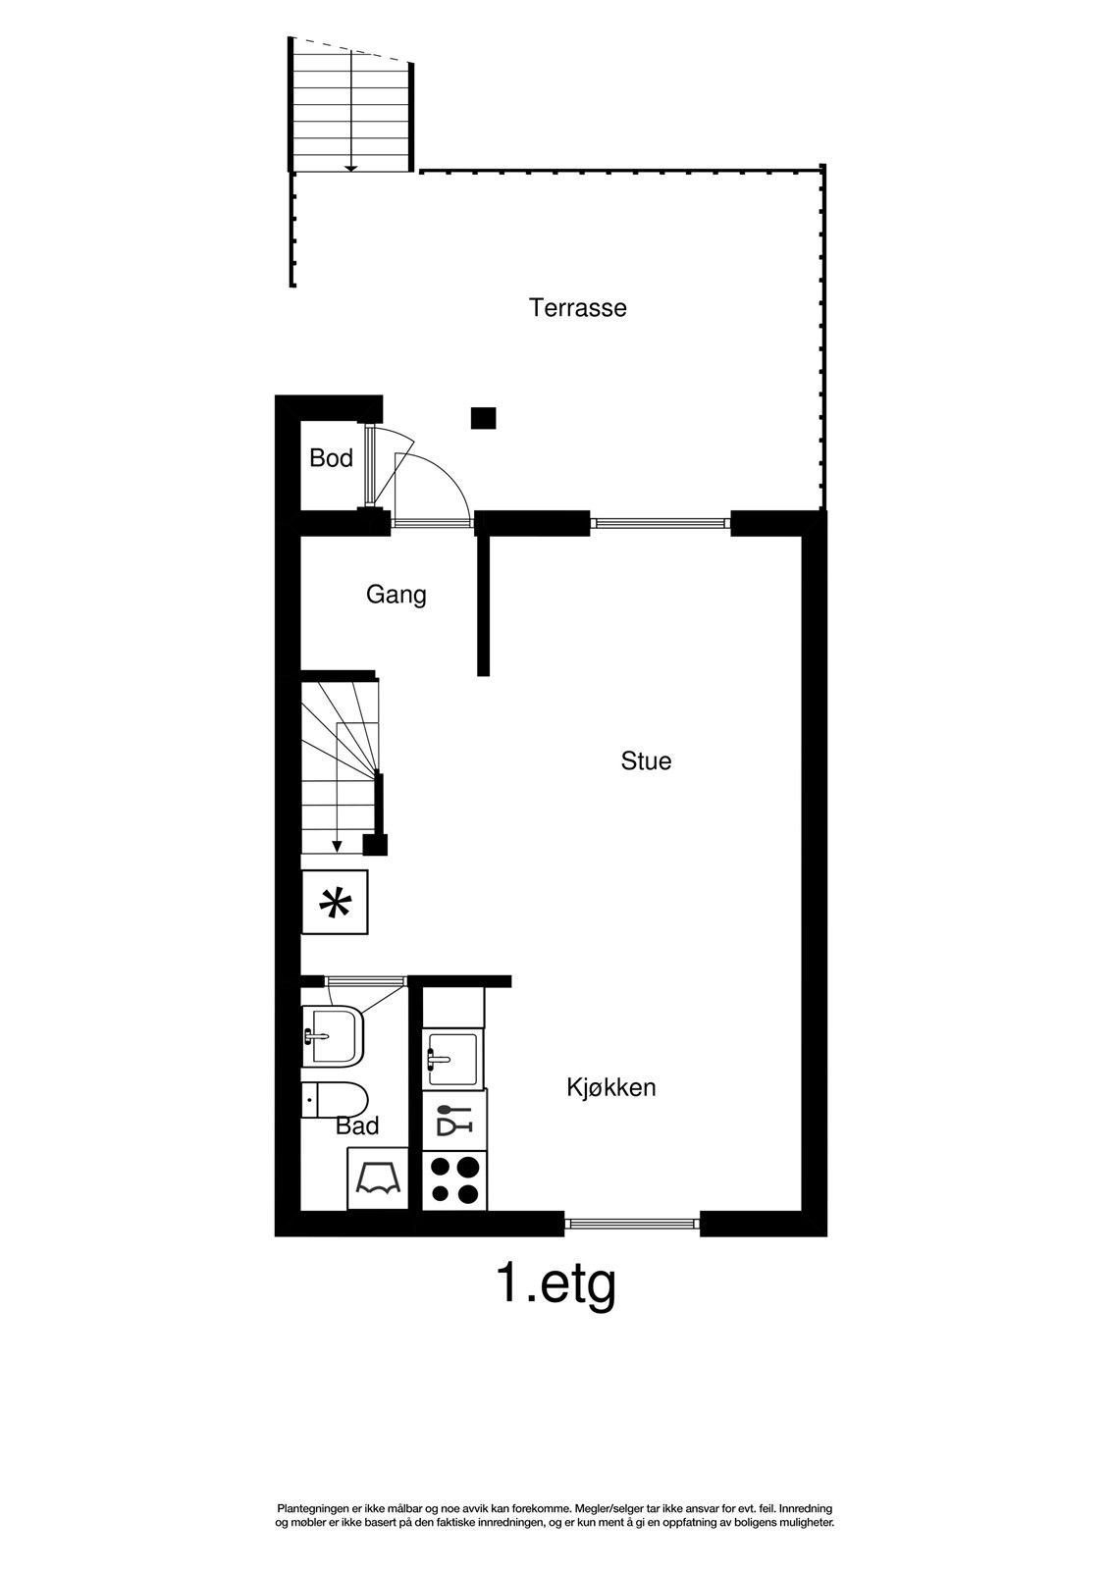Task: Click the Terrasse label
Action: click(577, 308)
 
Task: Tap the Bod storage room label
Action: click(331, 458)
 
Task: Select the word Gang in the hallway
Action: click(396, 595)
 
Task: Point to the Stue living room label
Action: click(646, 761)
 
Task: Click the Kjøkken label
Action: click(610, 1088)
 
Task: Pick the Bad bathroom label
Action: click(357, 1126)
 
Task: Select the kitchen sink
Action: click(453, 1059)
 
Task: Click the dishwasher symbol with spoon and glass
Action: click(454, 1120)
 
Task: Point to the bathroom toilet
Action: click(335, 1101)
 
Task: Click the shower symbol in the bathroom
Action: click(378, 1178)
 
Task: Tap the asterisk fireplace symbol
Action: click(335, 903)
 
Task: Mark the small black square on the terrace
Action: click(483, 418)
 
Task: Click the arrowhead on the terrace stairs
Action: click(351, 168)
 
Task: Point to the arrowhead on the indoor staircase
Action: click(338, 847)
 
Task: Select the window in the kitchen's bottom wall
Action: click(632, 1223)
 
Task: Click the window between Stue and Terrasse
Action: click(660, 522)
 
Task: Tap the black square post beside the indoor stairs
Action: click(375, 845)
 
